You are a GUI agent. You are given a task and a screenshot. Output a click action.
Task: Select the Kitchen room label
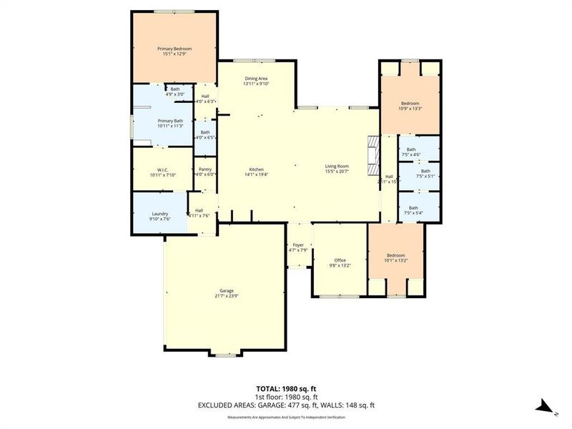point(256,169)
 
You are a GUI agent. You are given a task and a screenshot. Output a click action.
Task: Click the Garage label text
point(227,291)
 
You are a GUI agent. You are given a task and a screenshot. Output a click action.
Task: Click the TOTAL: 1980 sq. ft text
point(286,388)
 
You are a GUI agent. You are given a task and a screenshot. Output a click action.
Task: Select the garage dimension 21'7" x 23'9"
point(227,296)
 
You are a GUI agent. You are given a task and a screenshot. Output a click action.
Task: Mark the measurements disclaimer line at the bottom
point(286,416)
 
